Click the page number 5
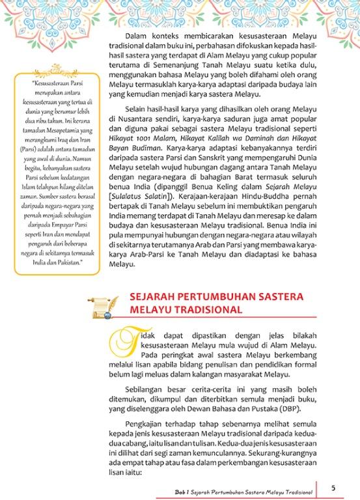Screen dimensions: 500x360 [333, 488]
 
